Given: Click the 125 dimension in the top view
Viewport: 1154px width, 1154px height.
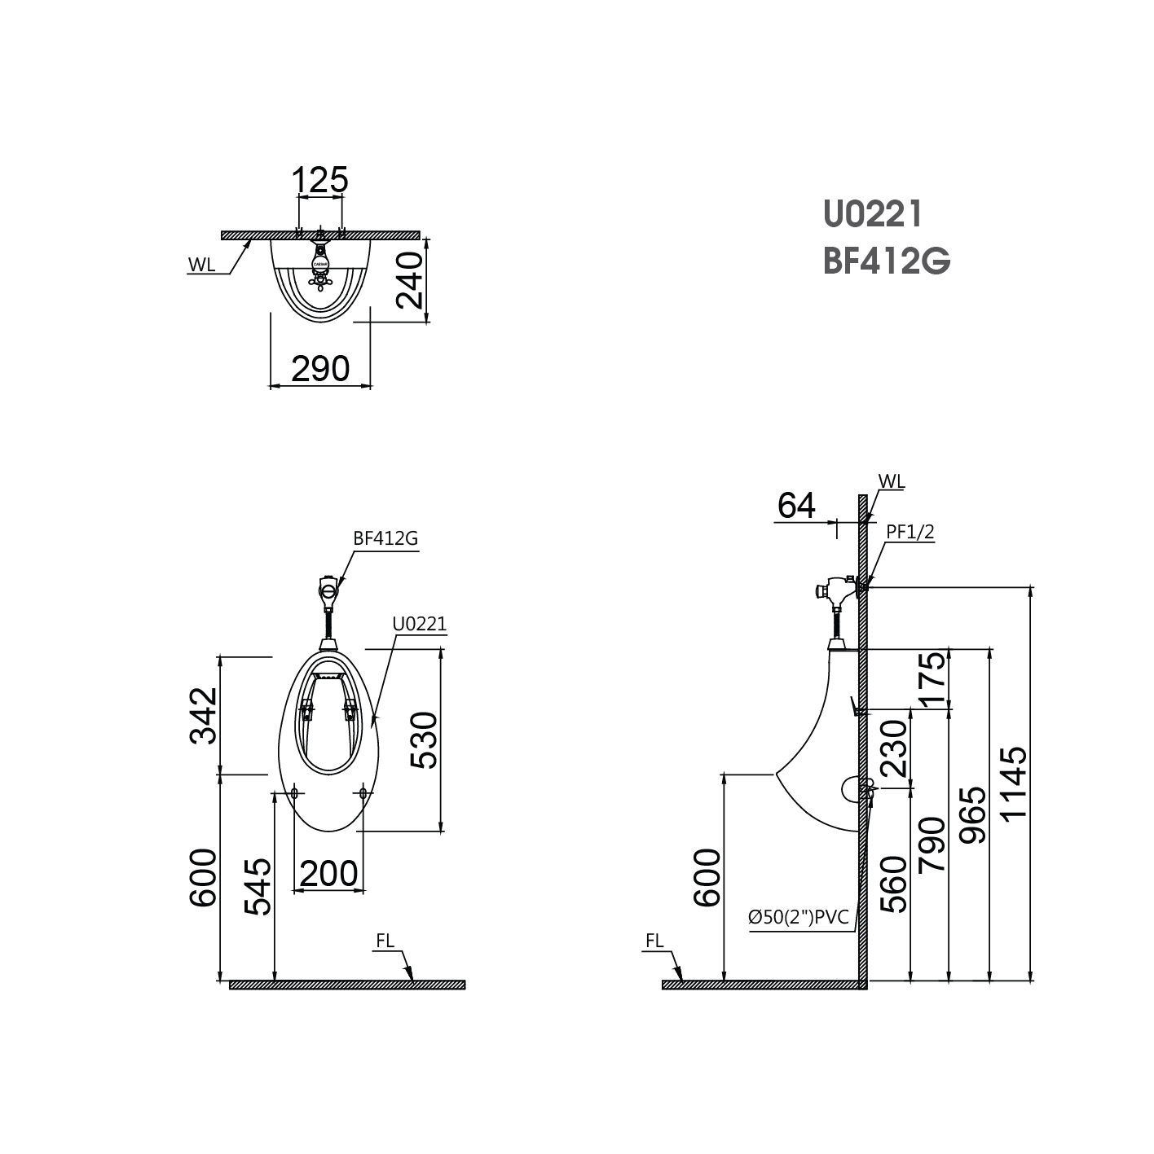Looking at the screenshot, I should coord(320,180).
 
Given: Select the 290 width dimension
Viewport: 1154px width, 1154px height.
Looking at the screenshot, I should coord(320,369).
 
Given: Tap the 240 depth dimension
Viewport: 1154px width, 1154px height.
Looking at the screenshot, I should coord(411,280).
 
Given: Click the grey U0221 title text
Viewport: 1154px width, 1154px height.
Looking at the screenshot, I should coord(873,214).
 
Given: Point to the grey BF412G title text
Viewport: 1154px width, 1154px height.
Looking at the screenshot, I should coord(887,262).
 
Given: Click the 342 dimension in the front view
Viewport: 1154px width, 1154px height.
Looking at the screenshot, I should coord(203,716).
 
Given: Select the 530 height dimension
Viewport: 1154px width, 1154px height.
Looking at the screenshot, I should coord(424,739).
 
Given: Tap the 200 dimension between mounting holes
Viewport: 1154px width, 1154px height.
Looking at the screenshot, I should coord(328,873).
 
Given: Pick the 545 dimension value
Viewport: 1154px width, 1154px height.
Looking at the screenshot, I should coord(258,886).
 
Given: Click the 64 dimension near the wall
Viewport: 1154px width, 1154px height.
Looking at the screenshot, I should coord(796,506).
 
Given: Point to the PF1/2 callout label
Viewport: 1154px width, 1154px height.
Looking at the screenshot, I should coord(910,532).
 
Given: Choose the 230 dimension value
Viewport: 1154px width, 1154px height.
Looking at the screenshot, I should coord(893,748).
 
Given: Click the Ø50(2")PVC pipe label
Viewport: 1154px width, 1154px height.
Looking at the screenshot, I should coord(799,918).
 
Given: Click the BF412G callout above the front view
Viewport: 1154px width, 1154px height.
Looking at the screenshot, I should coord(385,538).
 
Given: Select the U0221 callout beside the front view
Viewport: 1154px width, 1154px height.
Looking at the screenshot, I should coord(420,625).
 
